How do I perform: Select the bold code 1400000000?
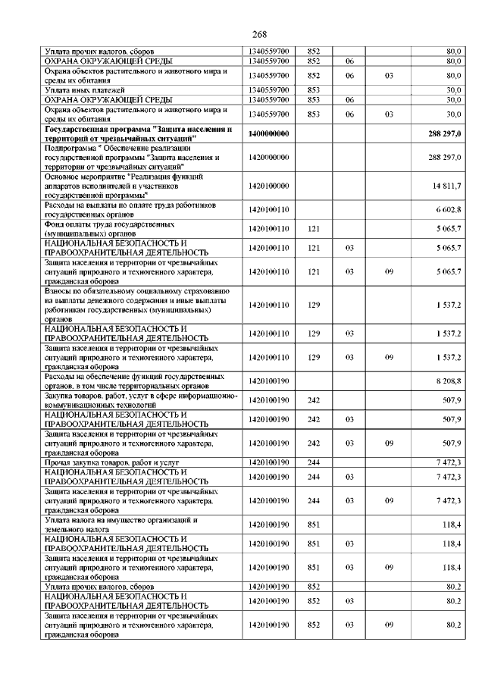[x=268, y=133]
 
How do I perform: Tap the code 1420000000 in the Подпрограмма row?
[x=268, y=158]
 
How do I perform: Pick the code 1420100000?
[x=268, y=185]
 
